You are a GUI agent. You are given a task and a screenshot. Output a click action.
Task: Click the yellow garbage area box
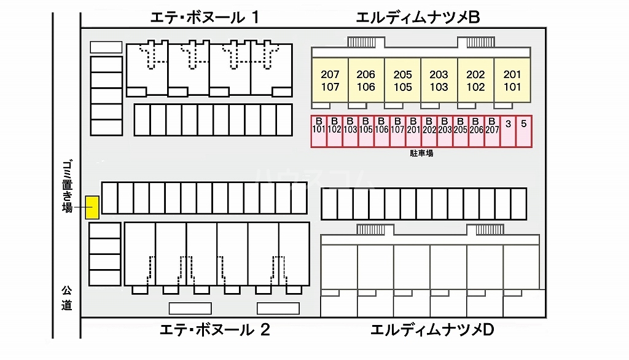pyautogui.click(x=92, y=207)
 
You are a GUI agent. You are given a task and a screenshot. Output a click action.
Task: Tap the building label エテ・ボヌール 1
pyautogui.click(x=204, y=18)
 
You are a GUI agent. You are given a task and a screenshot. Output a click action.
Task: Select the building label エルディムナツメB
pyautogui.click(x=417, y=18)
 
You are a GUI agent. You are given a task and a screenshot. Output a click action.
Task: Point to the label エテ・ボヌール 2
pyautogui.click(x=214, y=330)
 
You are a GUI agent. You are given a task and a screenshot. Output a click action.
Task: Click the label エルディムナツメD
pyautogui.click(x=432, y=330)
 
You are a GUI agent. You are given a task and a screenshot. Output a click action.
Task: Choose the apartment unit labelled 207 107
pyautogui.click(x=330, y=80)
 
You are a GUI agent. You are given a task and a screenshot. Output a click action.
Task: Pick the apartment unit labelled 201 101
pyautogui.click(x=512, y=80)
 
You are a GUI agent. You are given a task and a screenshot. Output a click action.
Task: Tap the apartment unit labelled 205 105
pyautogui.click(x=403, y=80)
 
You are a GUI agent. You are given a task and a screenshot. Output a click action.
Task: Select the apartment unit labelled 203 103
pyautogui.click(x=439, y=80)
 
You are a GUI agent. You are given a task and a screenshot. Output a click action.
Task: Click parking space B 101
pyautogui.click(x=318, y=130)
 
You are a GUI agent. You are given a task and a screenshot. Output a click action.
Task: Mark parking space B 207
pyautogui.click(x=492, y=130)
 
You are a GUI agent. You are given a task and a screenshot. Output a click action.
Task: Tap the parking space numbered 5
pyautogui.click(x=523, y=130)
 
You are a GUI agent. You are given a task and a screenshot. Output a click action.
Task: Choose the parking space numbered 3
pyautogui.click(x=508, y=130)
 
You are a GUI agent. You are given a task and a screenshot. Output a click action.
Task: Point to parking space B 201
pyautogui.click(x=413, y=130)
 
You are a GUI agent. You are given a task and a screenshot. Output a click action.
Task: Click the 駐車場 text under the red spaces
pyautogui.click(x=421, y=153)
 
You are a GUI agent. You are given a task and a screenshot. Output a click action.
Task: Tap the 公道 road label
pyautogui.click(x=66, y=297)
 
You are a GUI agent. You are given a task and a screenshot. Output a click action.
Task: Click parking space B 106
pyautogui.click(x=381, y=130)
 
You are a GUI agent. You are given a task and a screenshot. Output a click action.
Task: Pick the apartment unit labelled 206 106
pyautogui.click(x=366, y=80)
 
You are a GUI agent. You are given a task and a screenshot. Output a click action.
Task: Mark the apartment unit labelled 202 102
pyautogui.click(x=475, y=80)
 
